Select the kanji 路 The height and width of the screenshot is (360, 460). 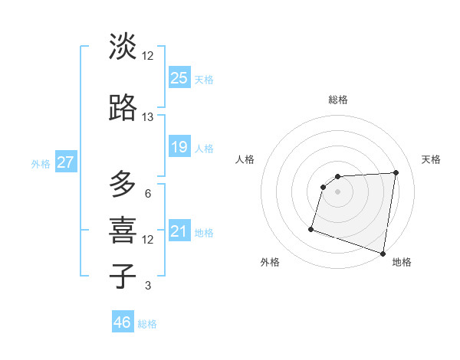pos(123,109)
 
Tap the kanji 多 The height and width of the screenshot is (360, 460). pos(123,184)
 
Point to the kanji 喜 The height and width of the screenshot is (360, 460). pos(123,229)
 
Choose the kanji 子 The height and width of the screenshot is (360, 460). pos(123,276)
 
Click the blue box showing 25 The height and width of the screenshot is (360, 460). pos(179,77)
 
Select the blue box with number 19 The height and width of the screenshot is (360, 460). pos(179,146)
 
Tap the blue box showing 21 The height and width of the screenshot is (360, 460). pos(179,231)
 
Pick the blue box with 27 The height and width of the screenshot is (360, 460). pos(66,162)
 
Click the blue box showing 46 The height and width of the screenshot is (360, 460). pos(123,322)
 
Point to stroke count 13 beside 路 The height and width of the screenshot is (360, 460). pos(148,117)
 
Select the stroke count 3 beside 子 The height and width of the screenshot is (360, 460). pos(148,286)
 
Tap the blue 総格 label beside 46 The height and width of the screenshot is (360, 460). pos(148,324)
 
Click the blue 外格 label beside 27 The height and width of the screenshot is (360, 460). pos(41,163)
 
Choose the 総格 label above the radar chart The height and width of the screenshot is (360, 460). pos(338,100)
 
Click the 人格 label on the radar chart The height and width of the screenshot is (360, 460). pos(245,159)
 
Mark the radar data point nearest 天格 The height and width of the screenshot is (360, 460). pos(396,172)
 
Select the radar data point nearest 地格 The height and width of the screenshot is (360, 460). pos(383,253)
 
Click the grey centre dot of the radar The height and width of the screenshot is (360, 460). pos(338,191)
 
